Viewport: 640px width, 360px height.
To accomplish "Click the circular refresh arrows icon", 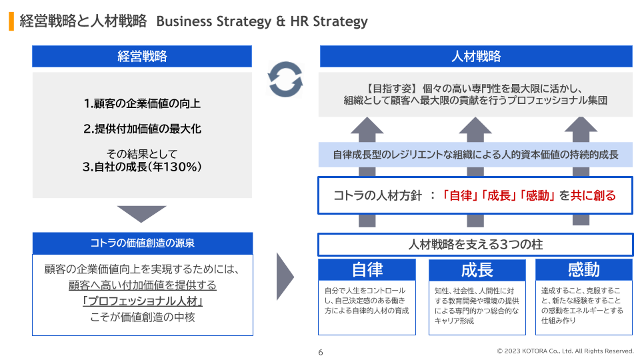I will tap(285, 79).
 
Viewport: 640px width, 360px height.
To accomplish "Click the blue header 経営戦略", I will tap(142, 56).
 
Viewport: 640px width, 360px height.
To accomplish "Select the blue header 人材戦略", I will tap(476, 56).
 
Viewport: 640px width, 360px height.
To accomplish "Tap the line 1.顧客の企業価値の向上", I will tap(142, 104).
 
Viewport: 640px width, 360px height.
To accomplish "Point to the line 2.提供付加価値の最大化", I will tap(142, 129).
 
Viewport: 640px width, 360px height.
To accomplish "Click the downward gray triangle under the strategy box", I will tap(141, 213).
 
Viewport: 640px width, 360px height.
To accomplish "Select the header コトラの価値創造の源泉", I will tap(142, 243).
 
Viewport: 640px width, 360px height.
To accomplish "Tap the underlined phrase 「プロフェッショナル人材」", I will tap(142, 301).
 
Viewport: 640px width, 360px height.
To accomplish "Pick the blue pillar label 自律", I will tap(367, 269).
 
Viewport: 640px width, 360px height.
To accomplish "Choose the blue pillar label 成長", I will tap(477, 269).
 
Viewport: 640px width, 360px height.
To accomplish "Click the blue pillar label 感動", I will tap(584, 269).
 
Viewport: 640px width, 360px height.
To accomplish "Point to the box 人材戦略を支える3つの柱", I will tap(475, 245).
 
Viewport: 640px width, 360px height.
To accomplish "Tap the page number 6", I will tap(320, 352).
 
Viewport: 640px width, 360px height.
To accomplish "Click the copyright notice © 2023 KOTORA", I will tap(565, 351).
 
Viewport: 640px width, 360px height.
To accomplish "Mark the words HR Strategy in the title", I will tap(329, 21).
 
